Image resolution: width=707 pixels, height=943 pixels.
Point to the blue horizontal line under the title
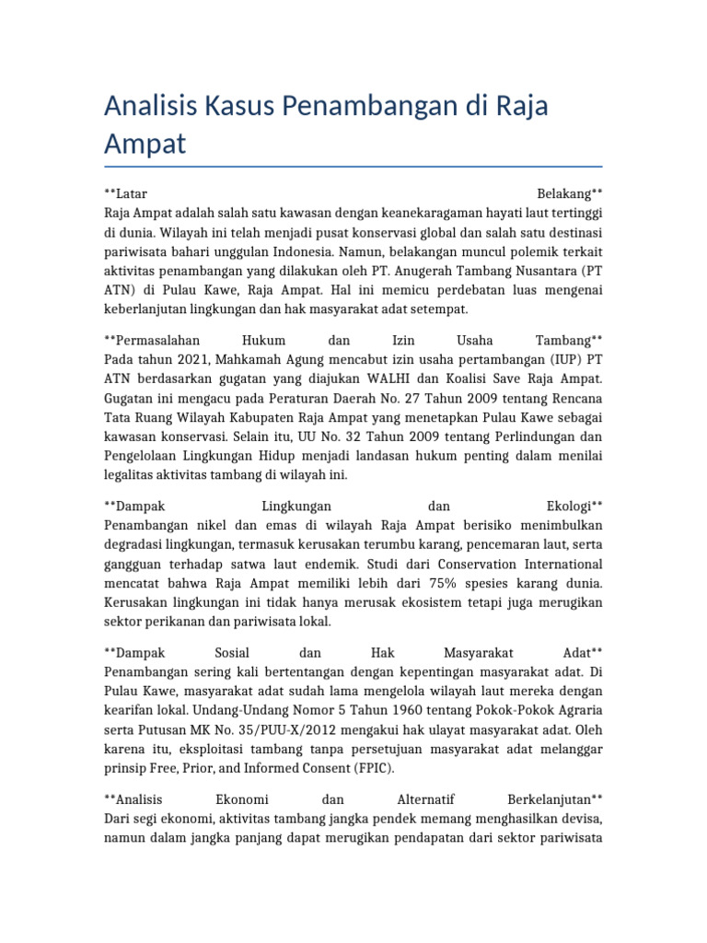pos(353,167)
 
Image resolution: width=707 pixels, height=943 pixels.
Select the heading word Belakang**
pos(569,194)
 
